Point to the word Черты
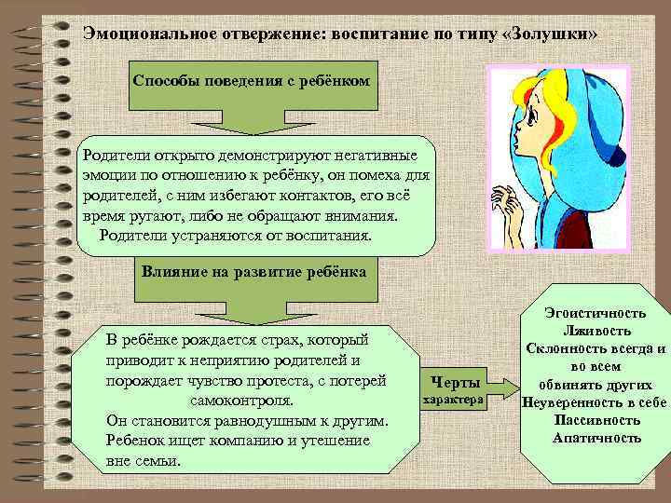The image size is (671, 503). point(453,383)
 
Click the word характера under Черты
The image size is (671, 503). point(453,401)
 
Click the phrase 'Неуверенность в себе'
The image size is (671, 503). point(595,402)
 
